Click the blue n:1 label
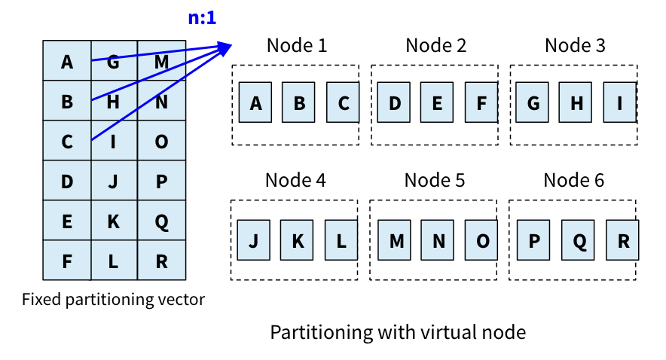(x=202, y=17)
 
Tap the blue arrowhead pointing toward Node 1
(x=224, y=49)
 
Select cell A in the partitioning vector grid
(x=67, y=62)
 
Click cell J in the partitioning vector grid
(x=114, y=182)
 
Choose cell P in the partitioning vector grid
(x=161, y=182)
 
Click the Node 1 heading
(x=297, y=45)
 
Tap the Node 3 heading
(x=575, y=45)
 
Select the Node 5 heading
(x=435, y=181)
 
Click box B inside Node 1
(x=299, y=102)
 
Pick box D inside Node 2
(x=395, y=102)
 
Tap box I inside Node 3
(x=620, y=102)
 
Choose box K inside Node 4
(x=297, y=240)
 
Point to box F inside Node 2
(x=481, y=102)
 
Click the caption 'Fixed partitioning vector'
(x=113, y=300)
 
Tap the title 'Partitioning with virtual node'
(x=398, y=332)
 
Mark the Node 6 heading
(x=574, y=181)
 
